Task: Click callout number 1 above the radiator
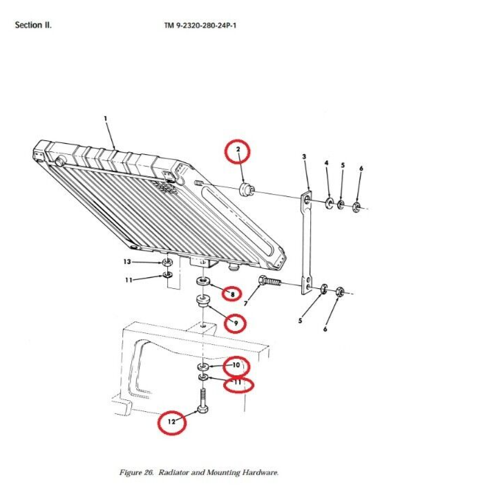pos(106,118)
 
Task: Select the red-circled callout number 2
pos(237,150)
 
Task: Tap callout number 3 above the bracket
pos(304,157)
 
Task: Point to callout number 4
pos(327,162)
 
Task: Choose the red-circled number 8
pos(232,294)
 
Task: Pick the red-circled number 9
pos(236,322)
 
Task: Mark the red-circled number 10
pos(235,364)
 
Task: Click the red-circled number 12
pos(171,420)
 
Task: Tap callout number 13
pos(127,262)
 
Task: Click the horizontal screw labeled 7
pos(268,282)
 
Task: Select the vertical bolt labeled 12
pos(202,402)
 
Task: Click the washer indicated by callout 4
pos(330,202)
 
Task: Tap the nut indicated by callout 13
pos(167,263)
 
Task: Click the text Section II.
pos(32,26)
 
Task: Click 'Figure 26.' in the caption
pos(136,473)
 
